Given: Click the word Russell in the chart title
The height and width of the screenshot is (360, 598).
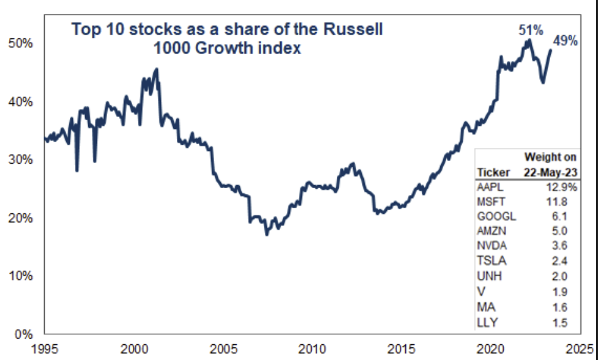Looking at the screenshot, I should (350, 29).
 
